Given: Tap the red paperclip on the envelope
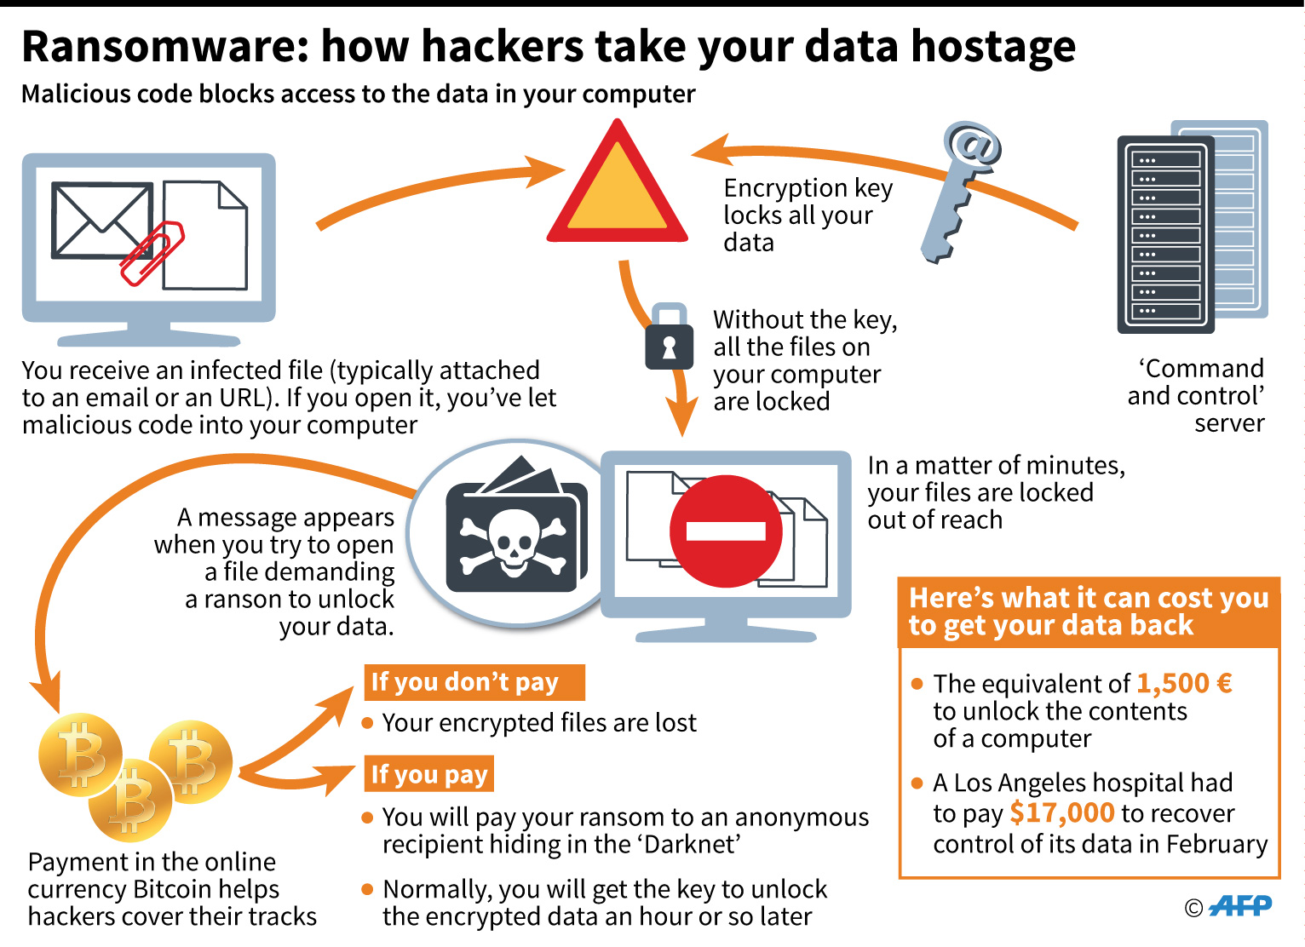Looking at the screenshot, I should (x=152, y=253).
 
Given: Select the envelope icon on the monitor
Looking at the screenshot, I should (x=101, y=220).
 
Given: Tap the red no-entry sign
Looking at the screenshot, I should (x=726, y=531).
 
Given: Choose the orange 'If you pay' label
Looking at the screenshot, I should (x=428, y=774).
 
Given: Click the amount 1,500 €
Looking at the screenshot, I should (x=1184, y=683).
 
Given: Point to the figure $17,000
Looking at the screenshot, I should (x=1061, y=813).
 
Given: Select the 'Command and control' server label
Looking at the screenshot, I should (x=1196, y=395).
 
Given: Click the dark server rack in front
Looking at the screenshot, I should (x=1164, y=234).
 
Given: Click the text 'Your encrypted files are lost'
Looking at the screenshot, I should (x=538, y=723).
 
